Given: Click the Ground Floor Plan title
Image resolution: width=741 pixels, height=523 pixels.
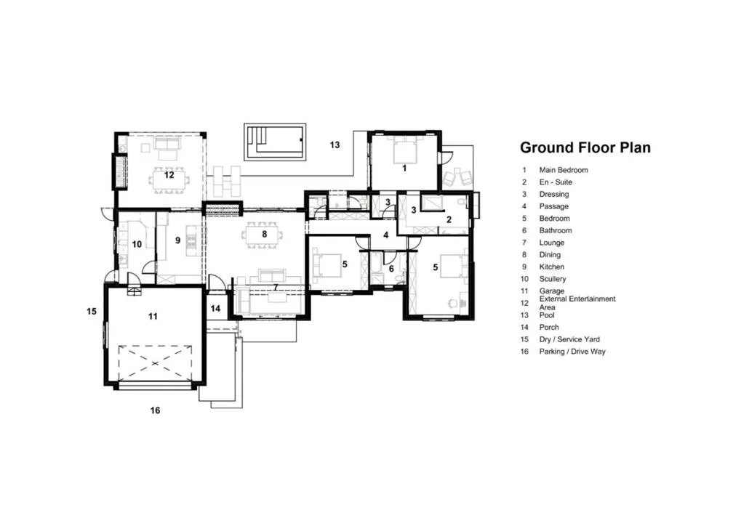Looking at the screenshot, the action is [585, 147].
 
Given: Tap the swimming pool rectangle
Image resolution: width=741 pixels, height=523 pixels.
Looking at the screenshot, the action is [275, 142].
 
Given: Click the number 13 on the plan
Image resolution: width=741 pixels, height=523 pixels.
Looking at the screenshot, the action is [335, 145].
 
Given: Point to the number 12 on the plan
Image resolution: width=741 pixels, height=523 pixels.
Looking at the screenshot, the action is [169, 175].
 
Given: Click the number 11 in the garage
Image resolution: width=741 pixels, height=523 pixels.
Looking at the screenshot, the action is [153, 316].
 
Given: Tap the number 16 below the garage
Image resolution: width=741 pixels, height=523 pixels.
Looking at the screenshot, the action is [155, 410].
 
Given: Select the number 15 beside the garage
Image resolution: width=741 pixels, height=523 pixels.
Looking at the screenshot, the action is [92, 311].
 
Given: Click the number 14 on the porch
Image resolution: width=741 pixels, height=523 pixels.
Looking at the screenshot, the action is [215, 309].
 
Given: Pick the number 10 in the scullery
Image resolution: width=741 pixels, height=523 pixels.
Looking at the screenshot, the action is [137, 244].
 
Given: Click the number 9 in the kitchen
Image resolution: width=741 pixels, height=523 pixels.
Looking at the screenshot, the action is [177, 240].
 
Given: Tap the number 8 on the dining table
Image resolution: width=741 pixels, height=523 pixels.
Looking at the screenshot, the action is [265, 234].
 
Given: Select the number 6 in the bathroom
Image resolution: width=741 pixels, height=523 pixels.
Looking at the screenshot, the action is [391, 269].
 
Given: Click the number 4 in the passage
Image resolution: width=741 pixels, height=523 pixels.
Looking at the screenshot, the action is [385, 235].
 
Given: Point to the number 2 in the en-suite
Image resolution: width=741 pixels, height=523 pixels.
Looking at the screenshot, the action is [449, 219].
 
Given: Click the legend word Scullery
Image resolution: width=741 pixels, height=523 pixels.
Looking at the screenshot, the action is [553, 279].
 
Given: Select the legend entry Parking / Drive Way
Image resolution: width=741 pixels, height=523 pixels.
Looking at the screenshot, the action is [572, 352].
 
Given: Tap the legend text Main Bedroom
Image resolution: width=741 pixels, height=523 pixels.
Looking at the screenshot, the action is [564, 170].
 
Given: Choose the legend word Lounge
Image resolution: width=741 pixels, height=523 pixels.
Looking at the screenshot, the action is [551, 243].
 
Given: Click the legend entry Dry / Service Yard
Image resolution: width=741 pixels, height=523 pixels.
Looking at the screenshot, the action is [569, 339].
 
